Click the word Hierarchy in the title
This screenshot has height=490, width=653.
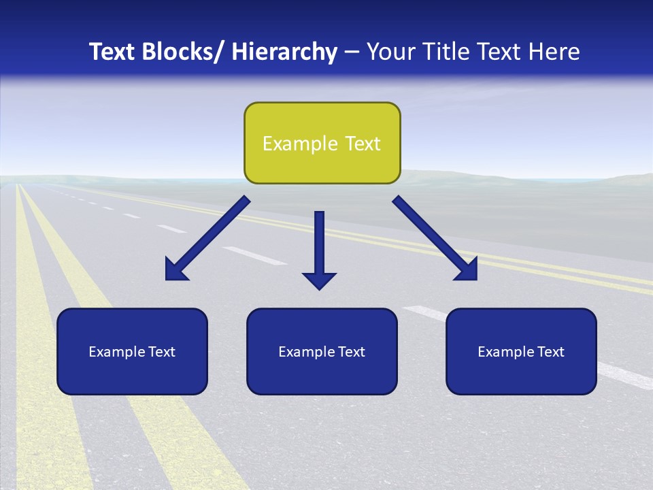[x=284, y=52]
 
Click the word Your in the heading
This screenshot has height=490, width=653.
[x=389, y=52]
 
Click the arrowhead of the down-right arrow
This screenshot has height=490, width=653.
[x=469, y=272]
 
